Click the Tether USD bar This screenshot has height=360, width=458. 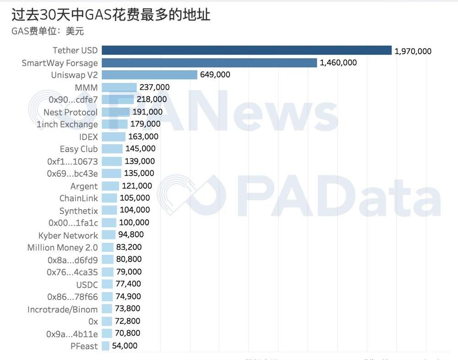click(x=246, y=50)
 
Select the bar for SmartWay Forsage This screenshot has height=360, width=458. click(x=209, y=63)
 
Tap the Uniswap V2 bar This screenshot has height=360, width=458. click(x=149, y=75)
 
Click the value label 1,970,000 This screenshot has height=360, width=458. click(x=413, y=51)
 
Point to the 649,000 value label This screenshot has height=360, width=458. click(x=215, y=75)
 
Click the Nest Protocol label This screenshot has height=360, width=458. click(x=71, y=112)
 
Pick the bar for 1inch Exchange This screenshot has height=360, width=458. click(x=114, y=124)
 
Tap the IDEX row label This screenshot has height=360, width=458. click(x=88, y=136)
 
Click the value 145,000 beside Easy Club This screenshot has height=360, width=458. click(x=140, y=149)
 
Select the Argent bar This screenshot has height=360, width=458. click(x=110, y=186)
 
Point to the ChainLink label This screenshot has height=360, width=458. click(x=78, y=198)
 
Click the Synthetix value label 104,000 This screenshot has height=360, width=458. click(x=135, y=210)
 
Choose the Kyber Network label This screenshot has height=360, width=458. click(x=68, y=235)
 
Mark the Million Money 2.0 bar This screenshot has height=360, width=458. click(x=108, y=247)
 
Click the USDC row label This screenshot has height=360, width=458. click(x=87, y=284)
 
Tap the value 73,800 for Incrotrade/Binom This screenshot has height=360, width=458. click(x=127, y=309)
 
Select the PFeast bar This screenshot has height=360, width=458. click(x=105, y=346)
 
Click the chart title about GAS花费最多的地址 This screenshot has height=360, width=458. click(x=110, y=15)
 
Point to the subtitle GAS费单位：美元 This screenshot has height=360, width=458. click(x=47, y=31)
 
